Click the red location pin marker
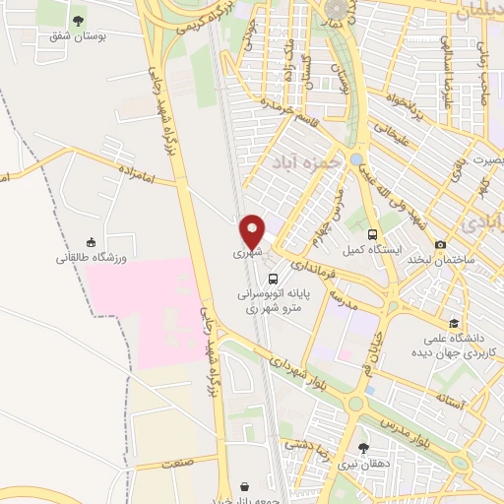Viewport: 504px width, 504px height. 253,230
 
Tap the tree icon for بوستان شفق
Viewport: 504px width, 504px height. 78,19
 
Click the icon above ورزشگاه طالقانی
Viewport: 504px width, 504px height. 92,242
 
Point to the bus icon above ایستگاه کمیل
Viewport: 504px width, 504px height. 372,234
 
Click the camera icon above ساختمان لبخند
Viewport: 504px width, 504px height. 441,244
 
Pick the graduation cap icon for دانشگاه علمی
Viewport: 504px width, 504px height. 454,322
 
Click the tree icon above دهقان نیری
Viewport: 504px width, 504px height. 363,448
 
